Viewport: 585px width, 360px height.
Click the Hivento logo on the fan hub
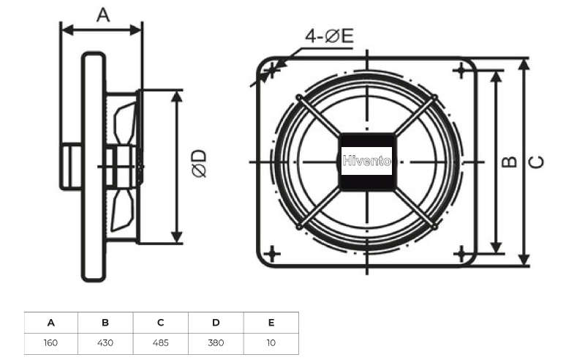[x=367, y=161]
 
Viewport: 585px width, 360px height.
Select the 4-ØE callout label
[x=329, y=37]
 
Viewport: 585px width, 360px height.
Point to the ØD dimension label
[x=199, y=163]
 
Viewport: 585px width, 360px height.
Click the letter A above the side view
[x=103, y=15]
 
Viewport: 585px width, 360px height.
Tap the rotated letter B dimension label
[x=509, y=162]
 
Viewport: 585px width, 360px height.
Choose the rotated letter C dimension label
[x=537, y=162]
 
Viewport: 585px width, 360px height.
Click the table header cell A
[x=51, y=323]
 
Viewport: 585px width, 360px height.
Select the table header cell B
[x=105, y=323]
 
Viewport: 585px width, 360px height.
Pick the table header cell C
[x=160, y=323]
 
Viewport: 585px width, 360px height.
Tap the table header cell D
[x=216, y=323]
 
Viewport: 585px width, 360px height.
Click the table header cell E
[x=271, y=323]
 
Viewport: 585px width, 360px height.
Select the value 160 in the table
[x=50, y=343]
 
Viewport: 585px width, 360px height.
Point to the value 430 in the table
[x=105, y=343]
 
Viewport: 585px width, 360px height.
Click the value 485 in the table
[x=160, y=343]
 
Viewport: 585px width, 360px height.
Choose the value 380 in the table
[x=216, y=343]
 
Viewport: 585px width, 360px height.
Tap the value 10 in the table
[x=271, y=343]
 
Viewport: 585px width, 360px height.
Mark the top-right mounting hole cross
[x=461, y=70]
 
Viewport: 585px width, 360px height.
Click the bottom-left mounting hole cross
[x=272, y=254]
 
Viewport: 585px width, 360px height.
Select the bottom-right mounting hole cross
[x=461, y=254]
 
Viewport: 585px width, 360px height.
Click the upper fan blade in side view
[x=124, y=122]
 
